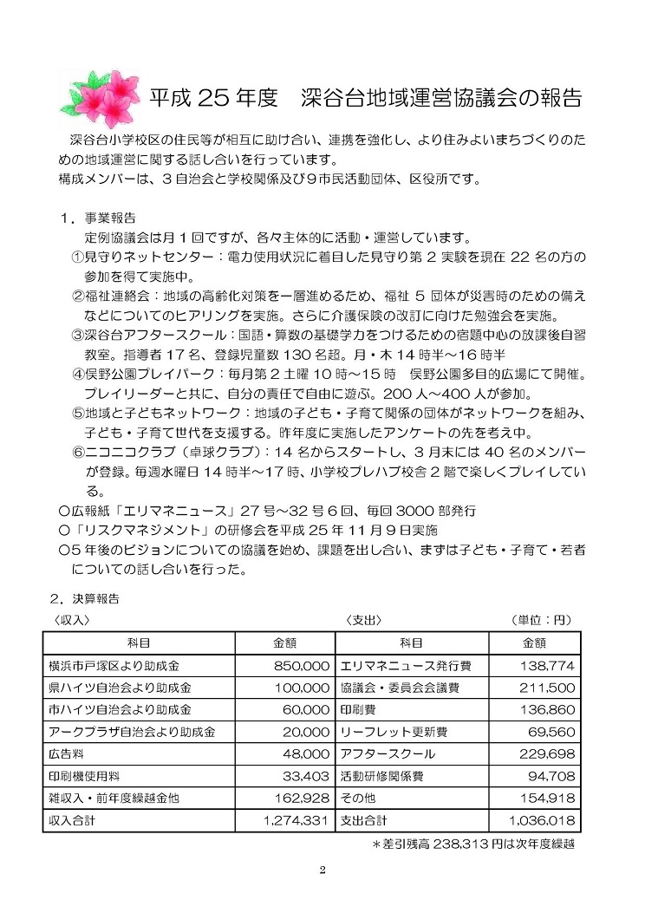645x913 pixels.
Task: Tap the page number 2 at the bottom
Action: click(x=322, y=871)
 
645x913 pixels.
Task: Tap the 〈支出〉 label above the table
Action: click(x=363, y=620)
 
